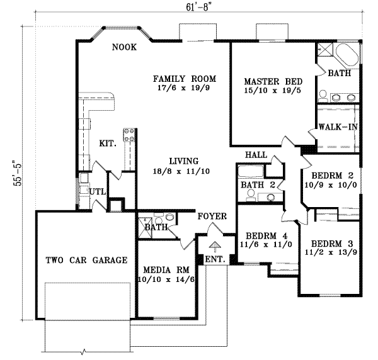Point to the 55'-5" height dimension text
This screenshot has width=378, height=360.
(18, 173)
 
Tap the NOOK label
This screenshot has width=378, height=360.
(124, 47)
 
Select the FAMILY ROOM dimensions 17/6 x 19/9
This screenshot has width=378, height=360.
(184, 88)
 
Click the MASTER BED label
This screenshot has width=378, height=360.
(273, 82)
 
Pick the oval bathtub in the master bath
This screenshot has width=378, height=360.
(346, 54)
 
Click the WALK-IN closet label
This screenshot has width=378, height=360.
(338, 127)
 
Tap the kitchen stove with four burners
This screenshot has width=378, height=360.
(129, 135)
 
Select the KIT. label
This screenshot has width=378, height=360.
(108, 143)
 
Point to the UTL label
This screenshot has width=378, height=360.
(98, 192)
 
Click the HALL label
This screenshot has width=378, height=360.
(256, 155)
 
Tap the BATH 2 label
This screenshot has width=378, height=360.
(258, 185)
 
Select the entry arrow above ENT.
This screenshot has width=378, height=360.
(214, 247)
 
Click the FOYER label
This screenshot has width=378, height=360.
(212, 217)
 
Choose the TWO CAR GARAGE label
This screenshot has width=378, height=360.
(86, 260)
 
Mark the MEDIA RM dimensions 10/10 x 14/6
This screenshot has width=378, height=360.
(166, 279)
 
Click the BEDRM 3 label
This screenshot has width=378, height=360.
(332, 244)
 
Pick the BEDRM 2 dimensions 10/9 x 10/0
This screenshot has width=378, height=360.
(331, 185)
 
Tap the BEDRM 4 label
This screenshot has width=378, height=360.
(266, 236)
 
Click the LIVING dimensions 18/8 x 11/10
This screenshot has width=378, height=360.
(181, 171)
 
